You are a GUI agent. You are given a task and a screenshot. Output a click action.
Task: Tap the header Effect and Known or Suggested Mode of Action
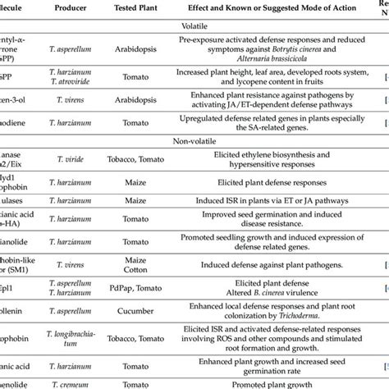pyautogui.click(x=268, y=7)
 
